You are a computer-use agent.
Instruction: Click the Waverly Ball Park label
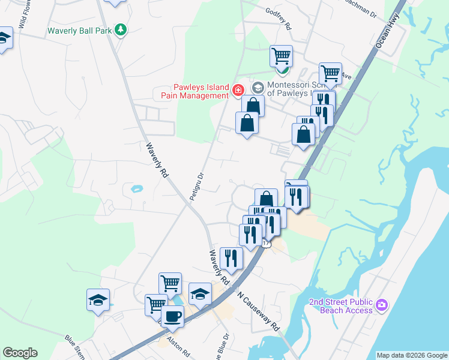pyautogui.click(x=80, y=30)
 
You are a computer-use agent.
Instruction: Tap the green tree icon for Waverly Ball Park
pyautogui.click(x=121, y=29)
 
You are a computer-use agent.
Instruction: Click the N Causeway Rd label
pyautogui.click(x=259, y=312)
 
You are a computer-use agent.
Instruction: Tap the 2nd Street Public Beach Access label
pyautogui.click(x=340, y=306)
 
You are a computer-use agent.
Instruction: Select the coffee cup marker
pyautogui.click(x=173, y=316)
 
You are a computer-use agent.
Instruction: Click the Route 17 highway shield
pyautogui.click(x=267, y=243)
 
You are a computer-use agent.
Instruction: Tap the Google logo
pyautogui.click(x=20, y=353)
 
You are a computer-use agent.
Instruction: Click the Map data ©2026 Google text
pyautogui.click(x=412, y=355)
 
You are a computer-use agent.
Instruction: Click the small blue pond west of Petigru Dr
pyautogui.click(x=136, y=189)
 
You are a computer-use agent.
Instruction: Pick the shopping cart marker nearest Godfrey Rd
pyautogui.click(x=281, y=56)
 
